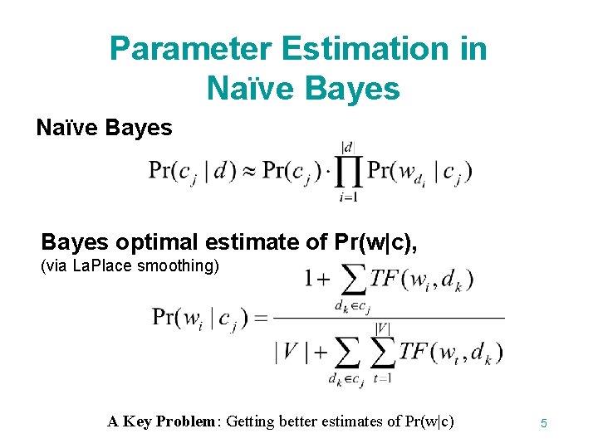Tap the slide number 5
click(x=543, y=423)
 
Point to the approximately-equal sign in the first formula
click(x=247, y=172)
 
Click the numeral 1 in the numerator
click(x=311, y=280)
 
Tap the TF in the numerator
click(x=386, y=280)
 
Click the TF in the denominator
click(x=414, y=351)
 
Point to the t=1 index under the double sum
click(x=383, y=380)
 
